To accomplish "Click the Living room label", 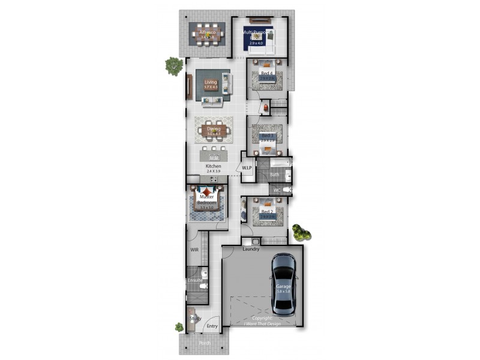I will coord(211,82).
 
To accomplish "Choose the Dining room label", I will coord(214,128).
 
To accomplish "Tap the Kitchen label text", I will coord(213,166).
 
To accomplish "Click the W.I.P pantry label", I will coord(247,167).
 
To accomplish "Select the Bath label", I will coord(274,175).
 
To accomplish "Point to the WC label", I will coord(277,190).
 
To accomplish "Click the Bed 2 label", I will coord(267,212).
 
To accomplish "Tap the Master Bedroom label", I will coord(206,200).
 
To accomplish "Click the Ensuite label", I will coord(195,280).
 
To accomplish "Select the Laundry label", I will coord(251,248).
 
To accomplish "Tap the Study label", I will coord(195,319).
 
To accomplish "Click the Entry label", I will coord(212,326).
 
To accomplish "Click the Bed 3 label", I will coord(267,136).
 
